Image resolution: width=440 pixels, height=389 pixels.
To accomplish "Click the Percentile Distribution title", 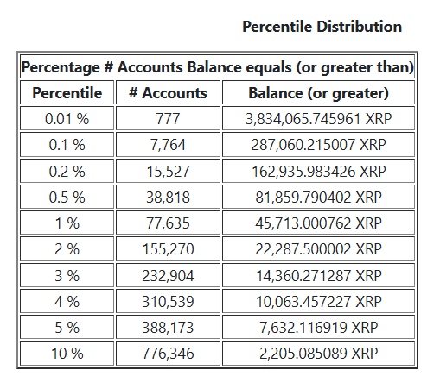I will point(322,27).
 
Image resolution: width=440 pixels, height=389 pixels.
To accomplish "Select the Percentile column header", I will point(67,93).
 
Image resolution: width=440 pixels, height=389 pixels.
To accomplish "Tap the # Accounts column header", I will point(168,93).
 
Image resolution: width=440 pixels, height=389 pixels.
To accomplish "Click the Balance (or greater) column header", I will point(318,93).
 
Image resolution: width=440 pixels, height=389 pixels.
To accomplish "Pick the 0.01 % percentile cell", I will point(67,119).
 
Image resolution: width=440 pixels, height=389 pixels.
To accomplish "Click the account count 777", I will point(168,119).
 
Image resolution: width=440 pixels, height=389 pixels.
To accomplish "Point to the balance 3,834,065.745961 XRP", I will point(318,119).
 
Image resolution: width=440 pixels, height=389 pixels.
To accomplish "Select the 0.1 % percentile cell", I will point(67,145).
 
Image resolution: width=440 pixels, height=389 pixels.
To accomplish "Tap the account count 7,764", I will point(168,145).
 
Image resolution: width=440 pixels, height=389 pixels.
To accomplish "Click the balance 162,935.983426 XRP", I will point(318,172).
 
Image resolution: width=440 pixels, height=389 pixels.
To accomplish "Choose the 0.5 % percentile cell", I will point(67,198).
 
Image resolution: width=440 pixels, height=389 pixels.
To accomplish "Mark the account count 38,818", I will point(168,198).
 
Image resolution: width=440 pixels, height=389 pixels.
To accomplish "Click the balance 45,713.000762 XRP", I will point(318,223).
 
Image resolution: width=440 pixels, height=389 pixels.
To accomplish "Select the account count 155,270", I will point(168,250).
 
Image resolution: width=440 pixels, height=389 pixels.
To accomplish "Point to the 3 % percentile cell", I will point(67,276).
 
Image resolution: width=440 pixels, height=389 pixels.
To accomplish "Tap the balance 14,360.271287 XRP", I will point(318,276).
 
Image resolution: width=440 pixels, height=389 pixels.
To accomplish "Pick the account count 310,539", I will point(168,302).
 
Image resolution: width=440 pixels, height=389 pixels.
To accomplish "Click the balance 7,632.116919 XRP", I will point(318,329).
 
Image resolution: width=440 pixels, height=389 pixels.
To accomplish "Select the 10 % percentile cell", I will point(67,354).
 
